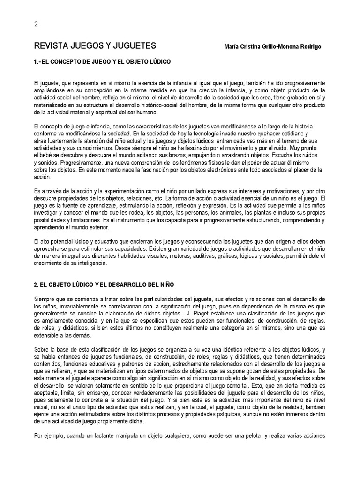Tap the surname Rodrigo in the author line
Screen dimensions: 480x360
[x=310, y=47]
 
